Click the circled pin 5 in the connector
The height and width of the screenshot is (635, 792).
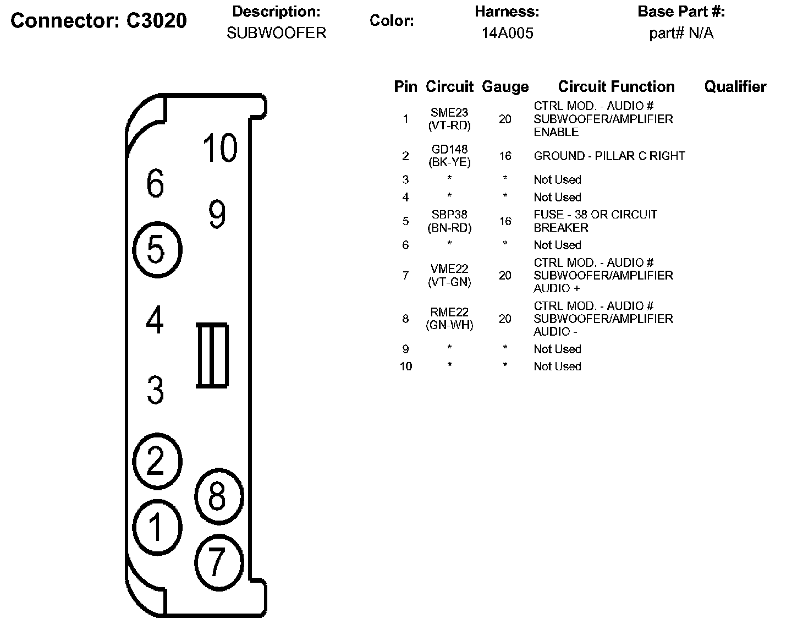pos(157,250)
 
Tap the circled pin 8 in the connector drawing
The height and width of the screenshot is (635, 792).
pos(218,496)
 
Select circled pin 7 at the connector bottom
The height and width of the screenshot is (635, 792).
pos(218,562)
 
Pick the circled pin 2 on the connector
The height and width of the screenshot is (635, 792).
pos(157,461)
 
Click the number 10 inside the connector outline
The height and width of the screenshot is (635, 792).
pos(219,148)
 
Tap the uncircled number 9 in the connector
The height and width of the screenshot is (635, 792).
pos(217,215)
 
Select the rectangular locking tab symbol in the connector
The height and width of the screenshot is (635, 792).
pos(212,355)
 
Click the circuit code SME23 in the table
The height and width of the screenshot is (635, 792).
pos(449,112)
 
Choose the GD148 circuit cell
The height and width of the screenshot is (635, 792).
pos(449,149)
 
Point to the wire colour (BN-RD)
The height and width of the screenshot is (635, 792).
pos(449,228)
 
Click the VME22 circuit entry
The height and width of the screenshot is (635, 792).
pos(449,269)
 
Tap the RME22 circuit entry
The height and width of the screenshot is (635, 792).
pos(449,312)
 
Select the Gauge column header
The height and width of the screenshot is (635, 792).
pos(505,87)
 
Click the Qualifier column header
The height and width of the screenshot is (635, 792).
pos(735,87)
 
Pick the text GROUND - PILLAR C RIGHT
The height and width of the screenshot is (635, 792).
pos(609,156)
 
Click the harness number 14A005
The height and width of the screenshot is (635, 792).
pos(507,33)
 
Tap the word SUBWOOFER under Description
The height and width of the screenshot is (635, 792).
pos(276,33)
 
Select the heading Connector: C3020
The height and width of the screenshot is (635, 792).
pos(99,21)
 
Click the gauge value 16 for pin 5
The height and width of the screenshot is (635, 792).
pos(505,221)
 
